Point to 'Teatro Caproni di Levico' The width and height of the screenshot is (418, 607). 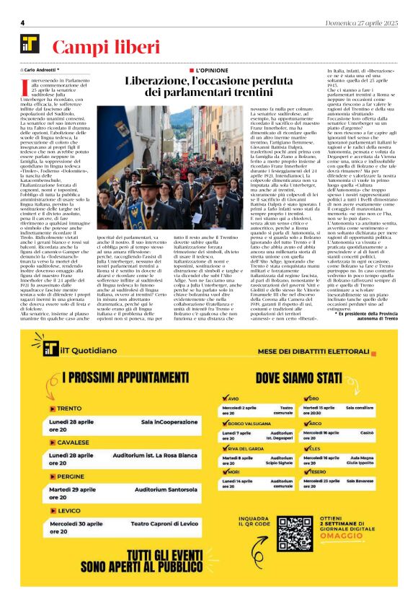(x=162, y=523)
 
